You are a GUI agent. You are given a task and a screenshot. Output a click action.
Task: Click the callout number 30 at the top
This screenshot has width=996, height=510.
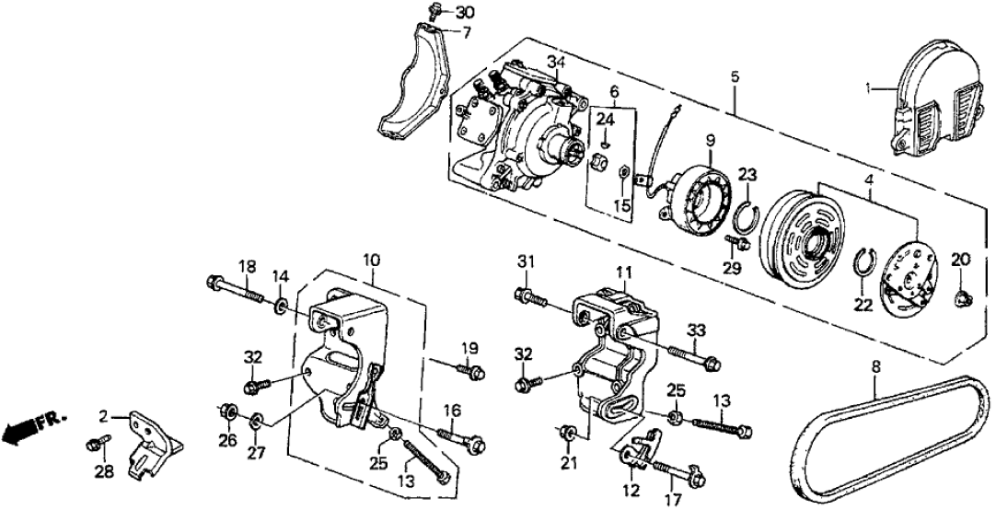(x=465, y=12)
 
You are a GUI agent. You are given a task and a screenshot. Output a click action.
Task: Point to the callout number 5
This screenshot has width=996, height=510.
(x=734, y=77)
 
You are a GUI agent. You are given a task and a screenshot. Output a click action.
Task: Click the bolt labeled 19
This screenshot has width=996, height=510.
(x=472, y=371)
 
